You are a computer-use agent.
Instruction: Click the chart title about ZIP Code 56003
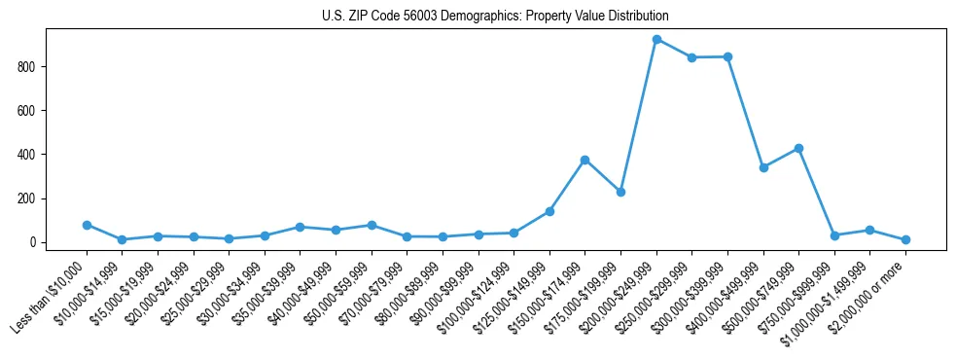click(x=495, y=16)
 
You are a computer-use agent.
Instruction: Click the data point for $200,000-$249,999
click(x=656, y=40)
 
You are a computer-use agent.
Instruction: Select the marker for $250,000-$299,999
click(x=691, y=57)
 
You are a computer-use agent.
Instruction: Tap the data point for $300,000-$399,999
click(x=727, y=56)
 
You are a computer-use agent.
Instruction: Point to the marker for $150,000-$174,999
click(x=584, y=160)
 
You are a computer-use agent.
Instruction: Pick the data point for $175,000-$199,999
click(x=620, y=192)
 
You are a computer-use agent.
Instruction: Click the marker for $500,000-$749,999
click(x=798, y=148)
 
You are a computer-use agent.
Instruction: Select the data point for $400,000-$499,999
click(x=763, y=167)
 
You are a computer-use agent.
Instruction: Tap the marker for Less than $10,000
click(x=87, y=225)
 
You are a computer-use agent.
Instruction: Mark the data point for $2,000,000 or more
click(x=905, y=239)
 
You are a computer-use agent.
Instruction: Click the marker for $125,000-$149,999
click(x=549, y=211)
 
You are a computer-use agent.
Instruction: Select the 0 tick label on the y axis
click(x=33, y=242)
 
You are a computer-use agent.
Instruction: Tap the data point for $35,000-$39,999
click(x=300, y=227)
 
